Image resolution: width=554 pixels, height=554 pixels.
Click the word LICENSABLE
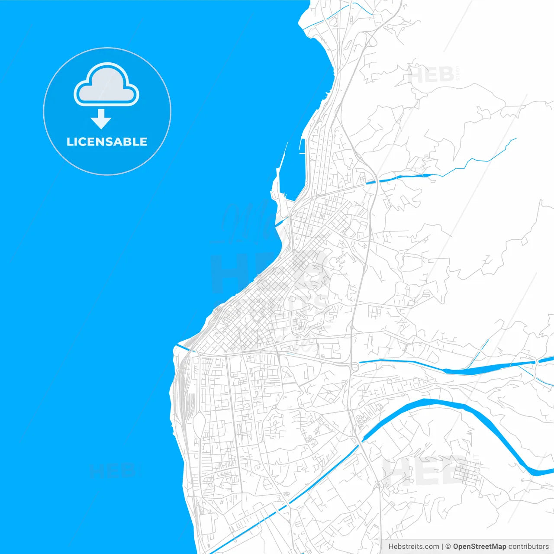[107, 142]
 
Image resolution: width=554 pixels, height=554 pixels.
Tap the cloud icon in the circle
[106, 85]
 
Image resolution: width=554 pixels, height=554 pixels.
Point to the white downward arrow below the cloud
[101, 119]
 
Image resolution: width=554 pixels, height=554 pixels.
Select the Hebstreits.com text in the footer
[414, 547]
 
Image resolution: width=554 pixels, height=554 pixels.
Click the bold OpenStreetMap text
[480, 547]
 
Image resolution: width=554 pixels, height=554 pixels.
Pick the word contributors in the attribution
[528, 547]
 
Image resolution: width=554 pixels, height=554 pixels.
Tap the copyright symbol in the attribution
[448, 547]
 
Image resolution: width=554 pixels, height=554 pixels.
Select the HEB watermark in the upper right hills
[431, 74]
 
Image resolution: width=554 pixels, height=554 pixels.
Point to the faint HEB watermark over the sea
[112, 470]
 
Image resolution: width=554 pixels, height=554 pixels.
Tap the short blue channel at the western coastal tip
[184, 347]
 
